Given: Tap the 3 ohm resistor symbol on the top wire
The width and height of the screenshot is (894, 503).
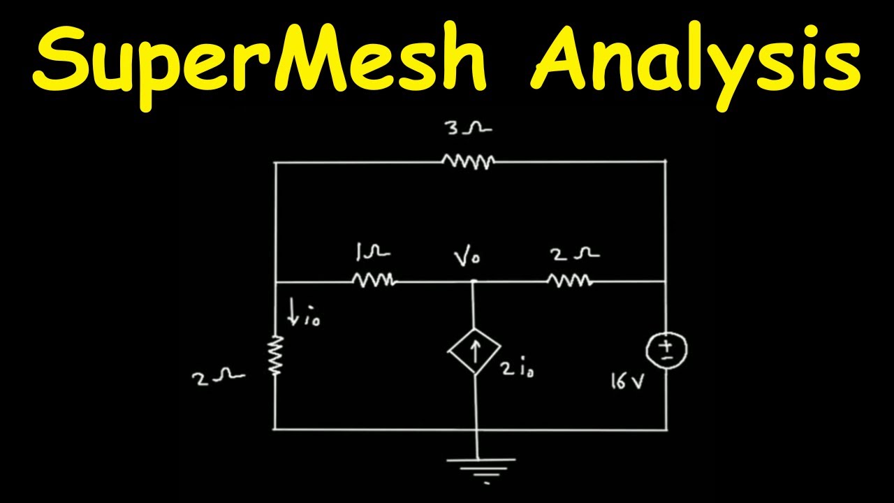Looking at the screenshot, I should pos(469,162).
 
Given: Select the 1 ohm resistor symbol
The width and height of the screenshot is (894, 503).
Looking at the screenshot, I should pos(374,281).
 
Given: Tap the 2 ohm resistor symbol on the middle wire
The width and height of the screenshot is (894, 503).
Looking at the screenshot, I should pos(570,281).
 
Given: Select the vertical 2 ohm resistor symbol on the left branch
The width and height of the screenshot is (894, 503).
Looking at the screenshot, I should pos(276,356).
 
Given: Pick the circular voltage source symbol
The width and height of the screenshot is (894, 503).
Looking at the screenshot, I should pos(667,349).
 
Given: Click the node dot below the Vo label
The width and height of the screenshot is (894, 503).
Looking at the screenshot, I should pos(474,282).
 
